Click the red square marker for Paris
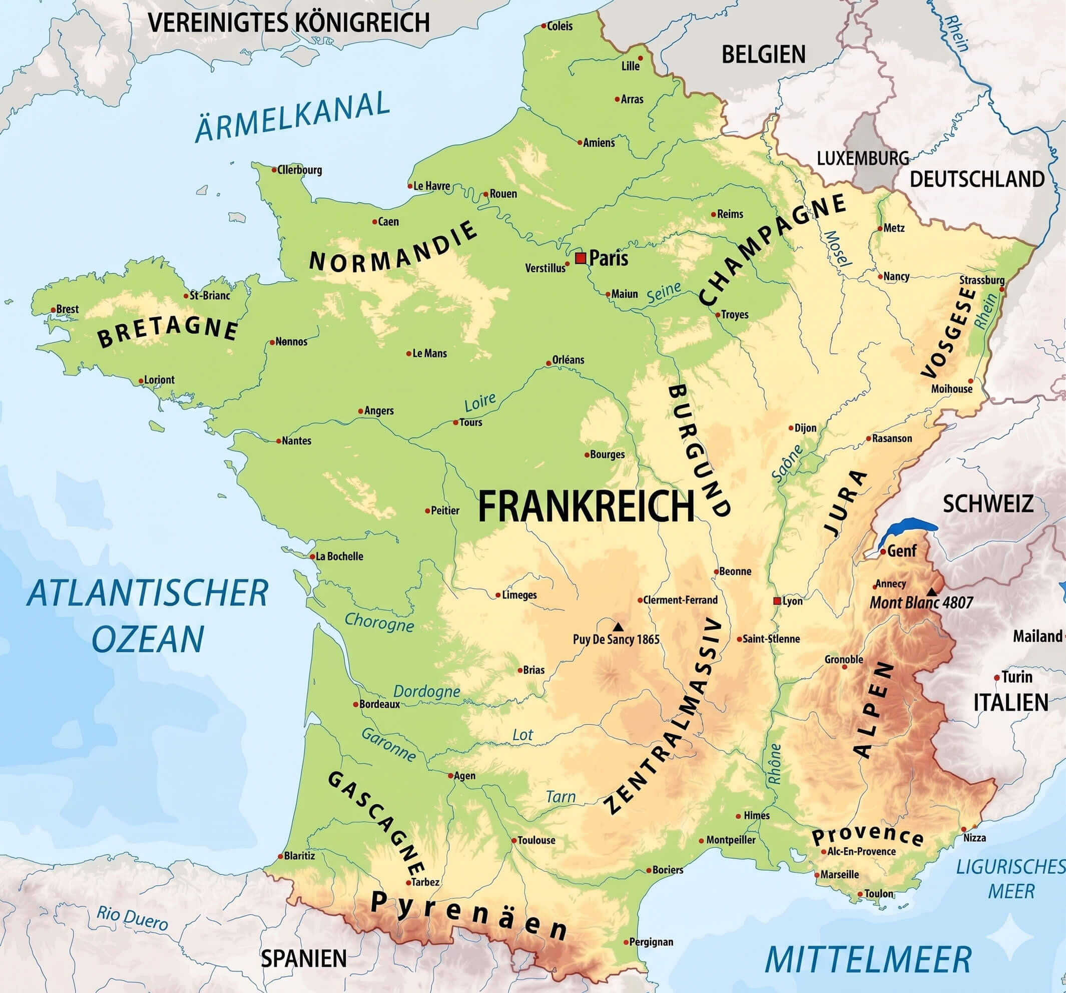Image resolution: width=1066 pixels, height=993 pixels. coord(580,258)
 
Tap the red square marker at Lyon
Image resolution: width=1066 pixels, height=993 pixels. coord(776,601)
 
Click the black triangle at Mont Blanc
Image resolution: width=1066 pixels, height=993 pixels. coord(932,592)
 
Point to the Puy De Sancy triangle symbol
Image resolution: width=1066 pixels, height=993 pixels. coord(618,627)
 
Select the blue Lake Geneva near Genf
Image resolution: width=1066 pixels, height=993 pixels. coord(906,528)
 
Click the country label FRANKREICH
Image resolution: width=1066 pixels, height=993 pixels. coord(586,507)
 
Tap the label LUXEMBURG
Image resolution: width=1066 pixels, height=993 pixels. coord(862,158)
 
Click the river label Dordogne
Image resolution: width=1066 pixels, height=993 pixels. coord(427,692)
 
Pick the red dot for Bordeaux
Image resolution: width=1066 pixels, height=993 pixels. coord(355,704)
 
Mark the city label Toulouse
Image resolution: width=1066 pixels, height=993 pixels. coord(536,840)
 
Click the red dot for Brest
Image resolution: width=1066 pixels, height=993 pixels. coord(53,310)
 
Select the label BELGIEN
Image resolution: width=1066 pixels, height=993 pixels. coord(763,55)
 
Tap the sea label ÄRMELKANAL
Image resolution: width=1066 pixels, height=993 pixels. coord(292,117)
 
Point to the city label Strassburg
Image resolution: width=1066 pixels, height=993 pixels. coord(981,280)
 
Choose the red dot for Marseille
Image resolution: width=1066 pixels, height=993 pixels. coord(817,874)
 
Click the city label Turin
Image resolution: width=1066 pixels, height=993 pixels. coord(1016,677)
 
